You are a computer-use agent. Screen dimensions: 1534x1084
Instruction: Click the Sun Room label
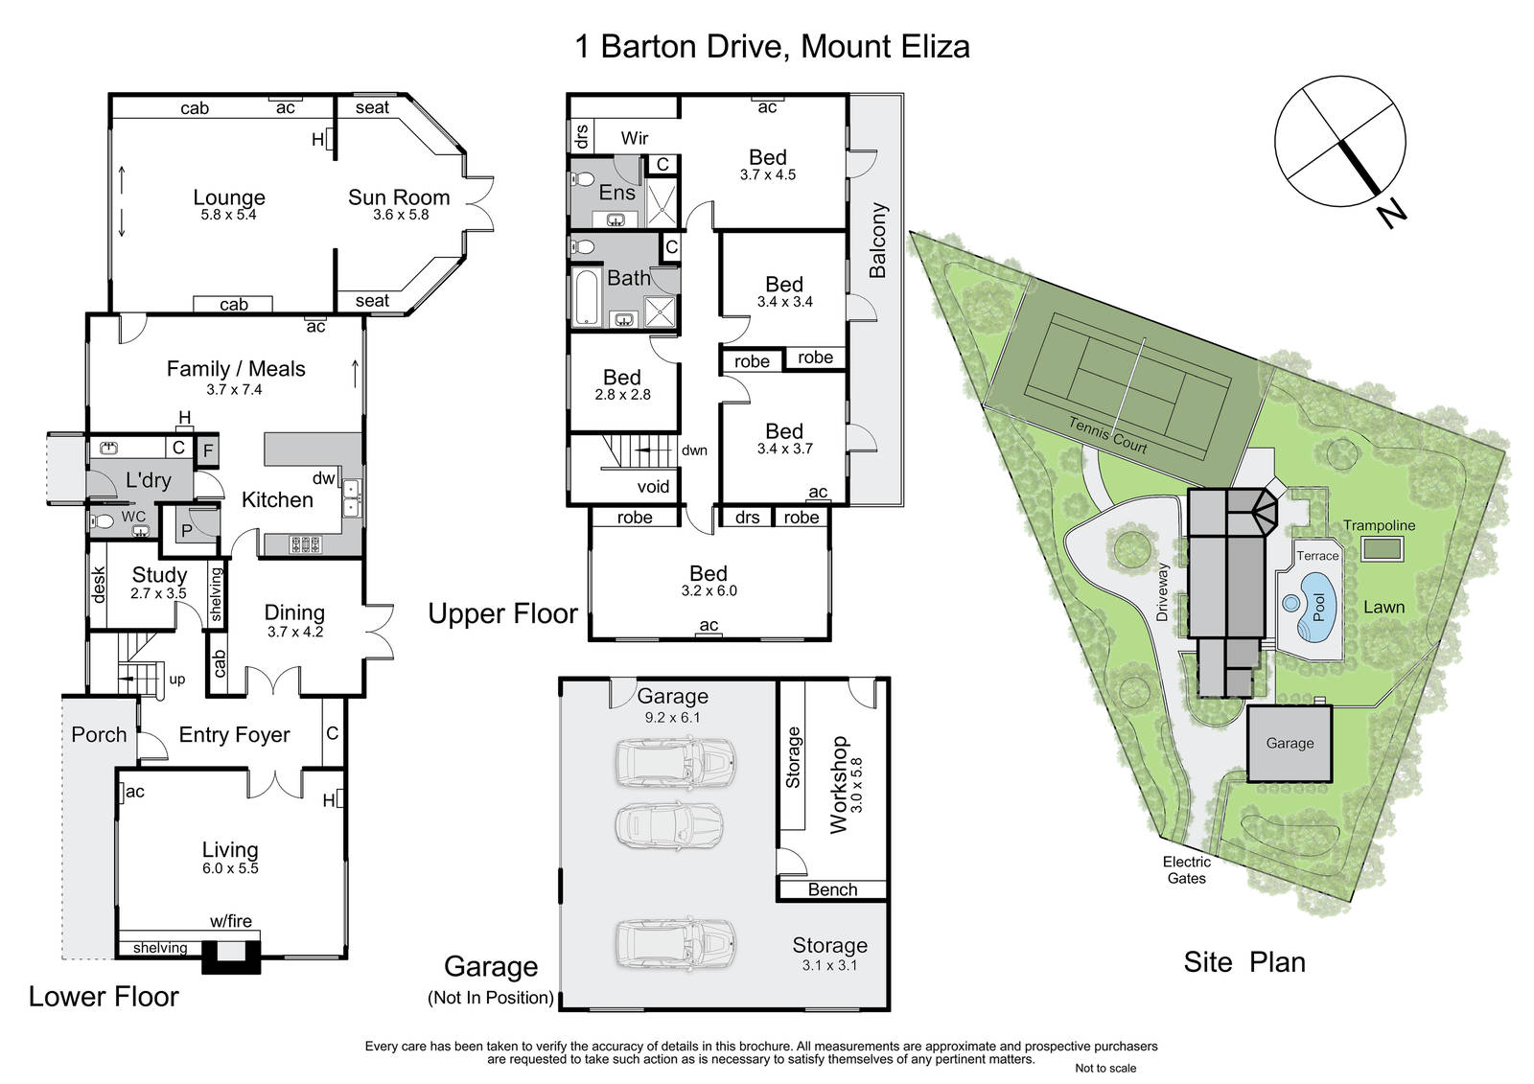(399, 197)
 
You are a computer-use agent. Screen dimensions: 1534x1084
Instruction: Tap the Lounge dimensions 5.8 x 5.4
(228, 215)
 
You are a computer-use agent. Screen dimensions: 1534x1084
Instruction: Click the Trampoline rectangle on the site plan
(1382, 548)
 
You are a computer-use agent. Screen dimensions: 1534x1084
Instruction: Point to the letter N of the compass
(1391, 215)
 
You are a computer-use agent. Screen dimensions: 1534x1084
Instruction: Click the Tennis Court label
(1107, 435)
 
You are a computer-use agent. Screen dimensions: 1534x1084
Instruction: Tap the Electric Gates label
(1186, 869)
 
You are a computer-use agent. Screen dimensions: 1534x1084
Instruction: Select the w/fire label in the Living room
(231, 921)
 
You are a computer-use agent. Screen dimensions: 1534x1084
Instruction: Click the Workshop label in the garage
(840, 785)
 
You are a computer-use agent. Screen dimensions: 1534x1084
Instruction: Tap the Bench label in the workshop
(832, 889)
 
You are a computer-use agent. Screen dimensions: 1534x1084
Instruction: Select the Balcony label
(877, 241)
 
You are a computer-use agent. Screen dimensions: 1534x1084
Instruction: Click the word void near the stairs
(653, 487)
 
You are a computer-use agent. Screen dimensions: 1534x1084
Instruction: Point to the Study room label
(159, 575)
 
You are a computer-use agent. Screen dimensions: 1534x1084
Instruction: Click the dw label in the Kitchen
(323, 478)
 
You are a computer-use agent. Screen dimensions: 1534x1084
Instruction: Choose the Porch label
(99, 735)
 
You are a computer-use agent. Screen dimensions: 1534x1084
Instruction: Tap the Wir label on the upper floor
(634, 138)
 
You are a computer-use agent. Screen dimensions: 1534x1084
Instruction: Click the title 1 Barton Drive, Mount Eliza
(772, 47)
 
